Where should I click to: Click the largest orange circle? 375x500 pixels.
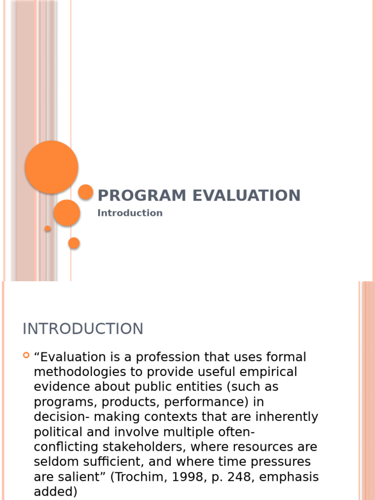51,167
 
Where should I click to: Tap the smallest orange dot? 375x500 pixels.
47,229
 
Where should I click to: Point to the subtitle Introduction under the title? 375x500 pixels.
130,213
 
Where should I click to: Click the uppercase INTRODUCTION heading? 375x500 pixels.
83,329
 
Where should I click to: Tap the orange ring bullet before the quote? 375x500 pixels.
26,355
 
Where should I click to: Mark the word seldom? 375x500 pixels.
54,462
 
